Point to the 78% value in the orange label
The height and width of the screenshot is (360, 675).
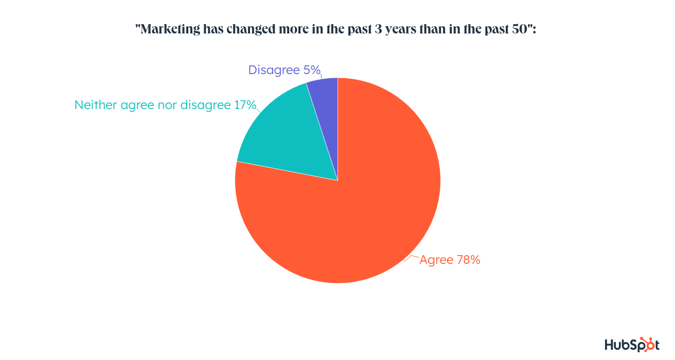[x=468, y=260]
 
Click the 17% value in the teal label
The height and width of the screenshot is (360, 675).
[x=245, y=105]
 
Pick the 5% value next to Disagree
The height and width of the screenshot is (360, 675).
[x=312, y=70]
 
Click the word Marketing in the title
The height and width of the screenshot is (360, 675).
[x=169, y=29]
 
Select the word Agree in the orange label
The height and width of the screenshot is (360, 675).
[x=436, y=260]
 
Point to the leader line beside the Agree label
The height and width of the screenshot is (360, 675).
[x=411, y=257]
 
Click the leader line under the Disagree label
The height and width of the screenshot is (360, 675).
[x=321, y=79]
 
